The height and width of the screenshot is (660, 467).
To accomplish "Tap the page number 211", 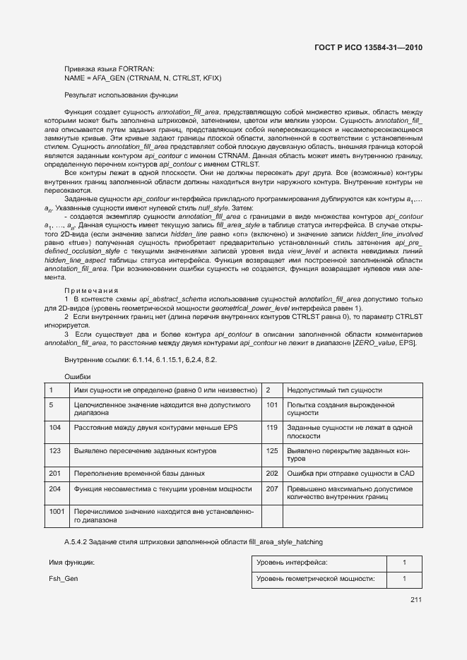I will [x=415, y=600].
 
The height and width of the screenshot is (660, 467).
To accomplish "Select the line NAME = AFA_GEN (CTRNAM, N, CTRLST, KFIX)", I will [x=143, y=78].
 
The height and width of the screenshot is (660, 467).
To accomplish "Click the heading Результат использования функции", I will [x=121, y=94].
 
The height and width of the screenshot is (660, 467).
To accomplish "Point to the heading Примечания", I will [x=92, y=290].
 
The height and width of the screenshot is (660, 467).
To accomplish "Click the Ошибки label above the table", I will [x=78, y=376].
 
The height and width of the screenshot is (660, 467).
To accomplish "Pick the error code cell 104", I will [x=54, y=428].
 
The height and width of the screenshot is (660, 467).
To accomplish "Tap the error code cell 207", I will [x=272, y=488].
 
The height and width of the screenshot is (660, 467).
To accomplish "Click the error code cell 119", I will [x=272, y=428].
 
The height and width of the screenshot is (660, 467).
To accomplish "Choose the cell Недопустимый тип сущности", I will [x=335, y=390].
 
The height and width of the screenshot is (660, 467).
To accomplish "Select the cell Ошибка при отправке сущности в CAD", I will [x=349, y=473].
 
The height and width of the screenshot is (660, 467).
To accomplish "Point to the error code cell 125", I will [x=272, y=450].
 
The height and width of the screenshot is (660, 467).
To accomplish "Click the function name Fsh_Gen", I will [x=63, y=579].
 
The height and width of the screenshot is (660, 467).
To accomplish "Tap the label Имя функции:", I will [x=71, y=563].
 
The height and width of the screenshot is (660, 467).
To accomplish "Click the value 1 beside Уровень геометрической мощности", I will [x=404, y=579].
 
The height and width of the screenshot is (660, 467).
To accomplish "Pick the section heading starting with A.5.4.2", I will [x=193, y=541].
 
